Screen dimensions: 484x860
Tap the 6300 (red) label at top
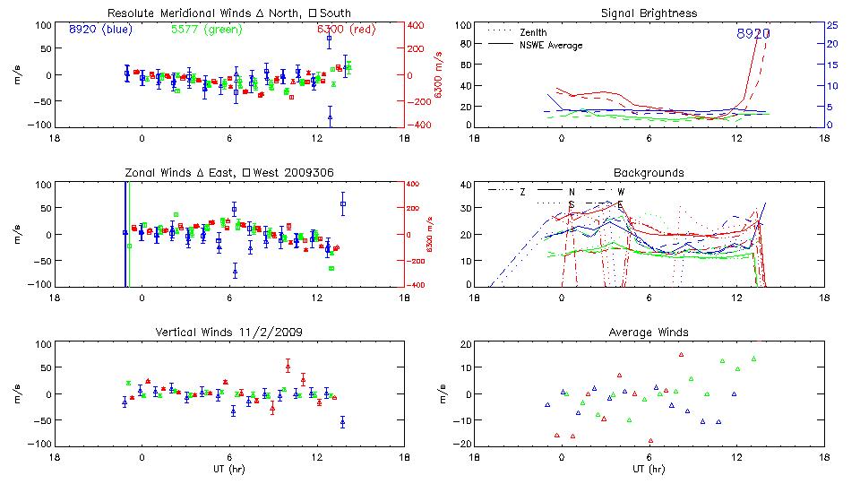(347, 29)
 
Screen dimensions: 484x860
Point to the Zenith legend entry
(534, 32)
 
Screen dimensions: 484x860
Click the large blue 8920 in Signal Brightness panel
(753, 33)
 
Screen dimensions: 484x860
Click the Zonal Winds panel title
(228, 172)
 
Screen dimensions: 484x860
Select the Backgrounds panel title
(649, 172)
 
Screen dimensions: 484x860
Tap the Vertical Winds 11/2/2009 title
(228, 332)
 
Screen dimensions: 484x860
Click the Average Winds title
(649, 332)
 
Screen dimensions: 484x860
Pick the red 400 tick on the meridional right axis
(416, 25)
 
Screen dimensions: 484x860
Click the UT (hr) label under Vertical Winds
(228, 468)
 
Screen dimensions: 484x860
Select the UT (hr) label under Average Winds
(649, 468)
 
